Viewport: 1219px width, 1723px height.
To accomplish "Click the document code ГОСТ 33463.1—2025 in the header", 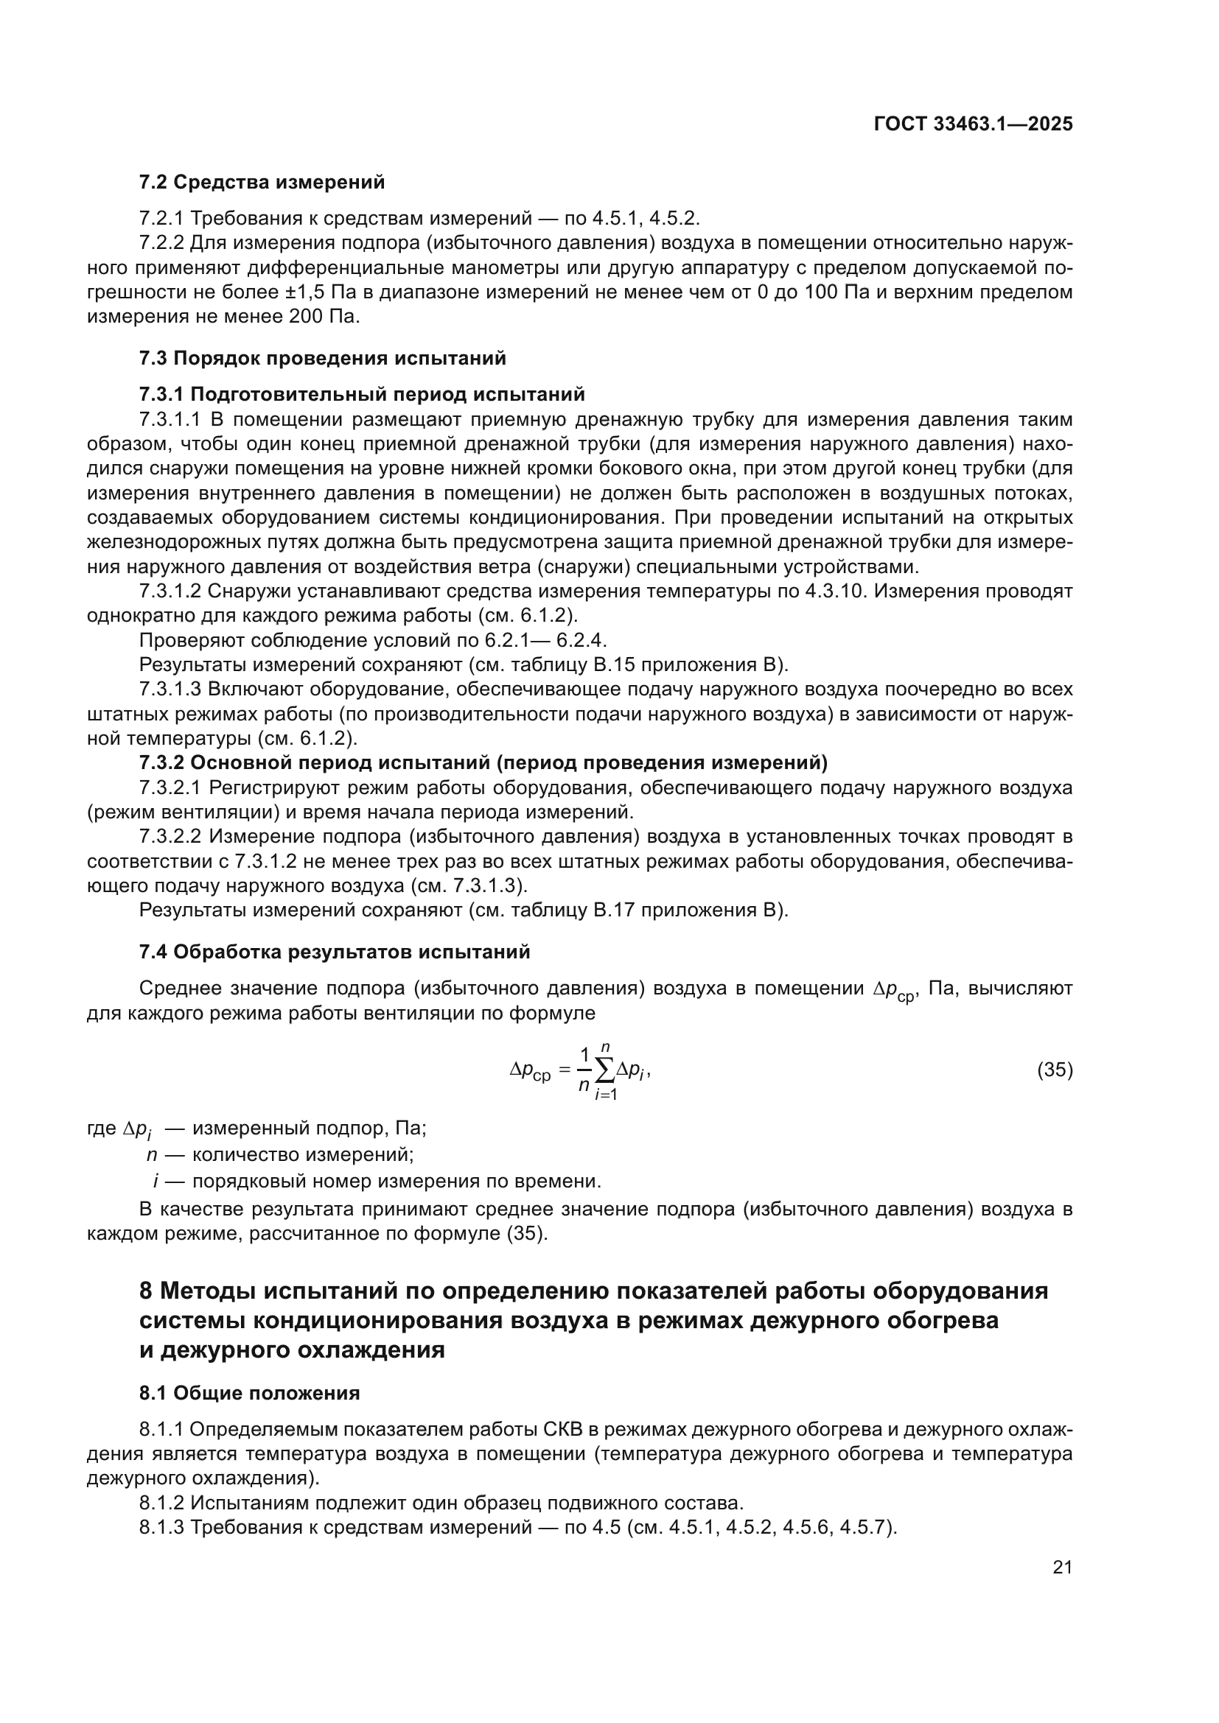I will point(973,124).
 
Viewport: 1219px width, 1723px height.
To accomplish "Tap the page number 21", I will point(1062,1567).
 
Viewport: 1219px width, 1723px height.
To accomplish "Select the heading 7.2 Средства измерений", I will point(262,183).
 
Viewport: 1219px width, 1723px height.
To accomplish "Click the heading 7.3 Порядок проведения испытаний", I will point(322,358).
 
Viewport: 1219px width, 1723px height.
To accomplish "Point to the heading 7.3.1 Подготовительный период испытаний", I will point(362,394).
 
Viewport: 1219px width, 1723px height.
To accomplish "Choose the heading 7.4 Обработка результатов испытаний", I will point(335,952).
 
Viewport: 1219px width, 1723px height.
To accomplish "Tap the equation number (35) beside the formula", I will point(1055,1070).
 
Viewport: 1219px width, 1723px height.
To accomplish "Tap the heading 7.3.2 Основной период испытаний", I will point(483,763).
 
